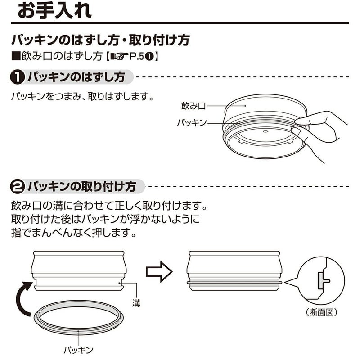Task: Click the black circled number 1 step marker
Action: [x=17, y=77]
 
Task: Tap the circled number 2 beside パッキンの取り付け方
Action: [x=17, y=185]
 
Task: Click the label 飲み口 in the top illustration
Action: [x=193, y=106]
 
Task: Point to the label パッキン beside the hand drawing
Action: [x=192, y=122]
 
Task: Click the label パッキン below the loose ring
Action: [x=79, y=349]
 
